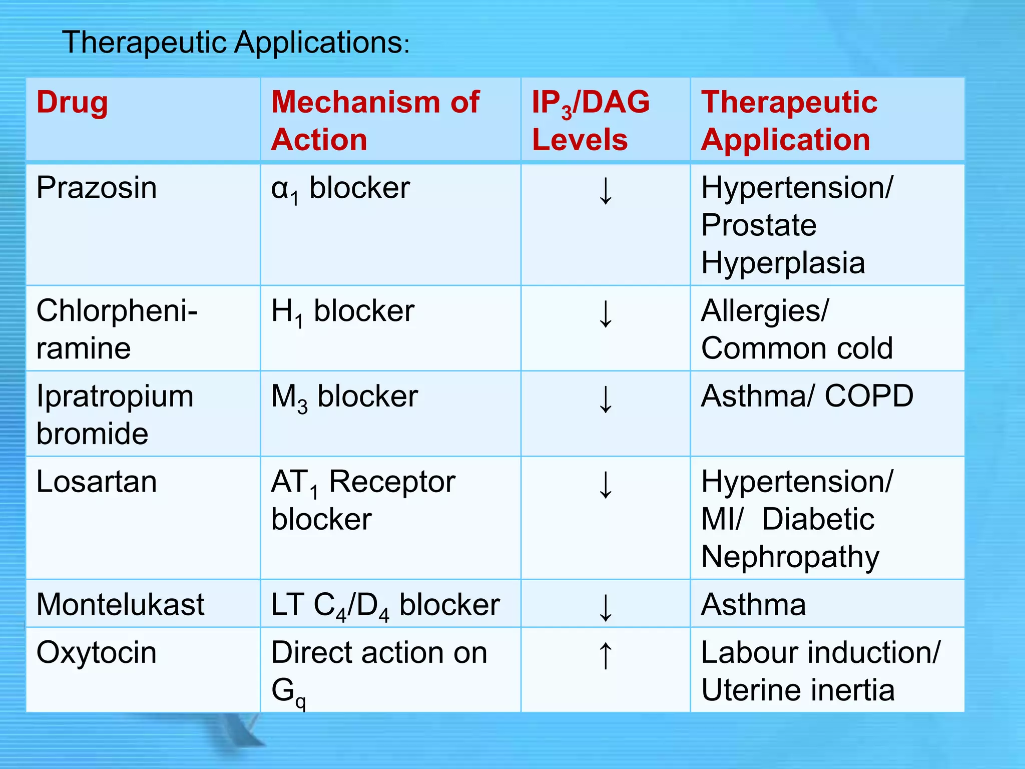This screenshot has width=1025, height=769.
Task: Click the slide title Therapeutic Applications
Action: pyautogui.click(x=235, y=42)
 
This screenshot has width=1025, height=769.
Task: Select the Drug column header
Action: pyautogui.click(x=72, y=102)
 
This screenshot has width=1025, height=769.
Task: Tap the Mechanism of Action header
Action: pyautogui.click(x=375, y=120)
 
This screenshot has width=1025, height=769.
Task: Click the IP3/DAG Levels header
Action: pyautogui.click(x=590, y=120)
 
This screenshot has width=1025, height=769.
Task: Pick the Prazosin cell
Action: pyautogui.click(x=97, y=188)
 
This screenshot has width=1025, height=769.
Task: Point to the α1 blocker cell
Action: pyautogui.click(x=340, y=189)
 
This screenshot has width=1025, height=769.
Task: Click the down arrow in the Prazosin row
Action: pyautogui.click(x=606, y=191)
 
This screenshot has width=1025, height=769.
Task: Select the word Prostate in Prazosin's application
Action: pyautogui.click(x=758, y=225)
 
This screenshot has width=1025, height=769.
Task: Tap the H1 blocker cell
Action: pyautogui.click(x=343, y=312)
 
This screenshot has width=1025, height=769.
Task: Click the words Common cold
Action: pyautogui.click(x=797, y=348)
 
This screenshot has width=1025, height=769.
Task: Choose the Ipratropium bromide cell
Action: pyautogui.click(x=115, y=415)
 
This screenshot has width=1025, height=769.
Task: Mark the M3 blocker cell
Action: pyautogui.click(x=344, y=398)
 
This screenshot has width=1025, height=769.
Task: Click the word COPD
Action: pyautogui.click(x=869, y=397)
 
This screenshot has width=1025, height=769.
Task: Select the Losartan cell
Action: pyautogui.click(x=97, y=482)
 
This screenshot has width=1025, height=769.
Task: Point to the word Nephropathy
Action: pyautogui.click(x=790, y=557)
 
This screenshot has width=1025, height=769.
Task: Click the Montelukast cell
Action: pyautogui.click(x=120, y=604)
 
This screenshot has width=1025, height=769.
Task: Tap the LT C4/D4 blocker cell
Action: pyautogui.click(x=385, y=605)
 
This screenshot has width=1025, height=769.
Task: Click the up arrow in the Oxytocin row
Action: pyautogui.click(x=606, y=655)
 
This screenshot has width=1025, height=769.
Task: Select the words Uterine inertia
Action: pyautogui.click(x=798, y=690)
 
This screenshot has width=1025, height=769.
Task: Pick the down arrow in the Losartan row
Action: pyautogui.click(x=606, y=485)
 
